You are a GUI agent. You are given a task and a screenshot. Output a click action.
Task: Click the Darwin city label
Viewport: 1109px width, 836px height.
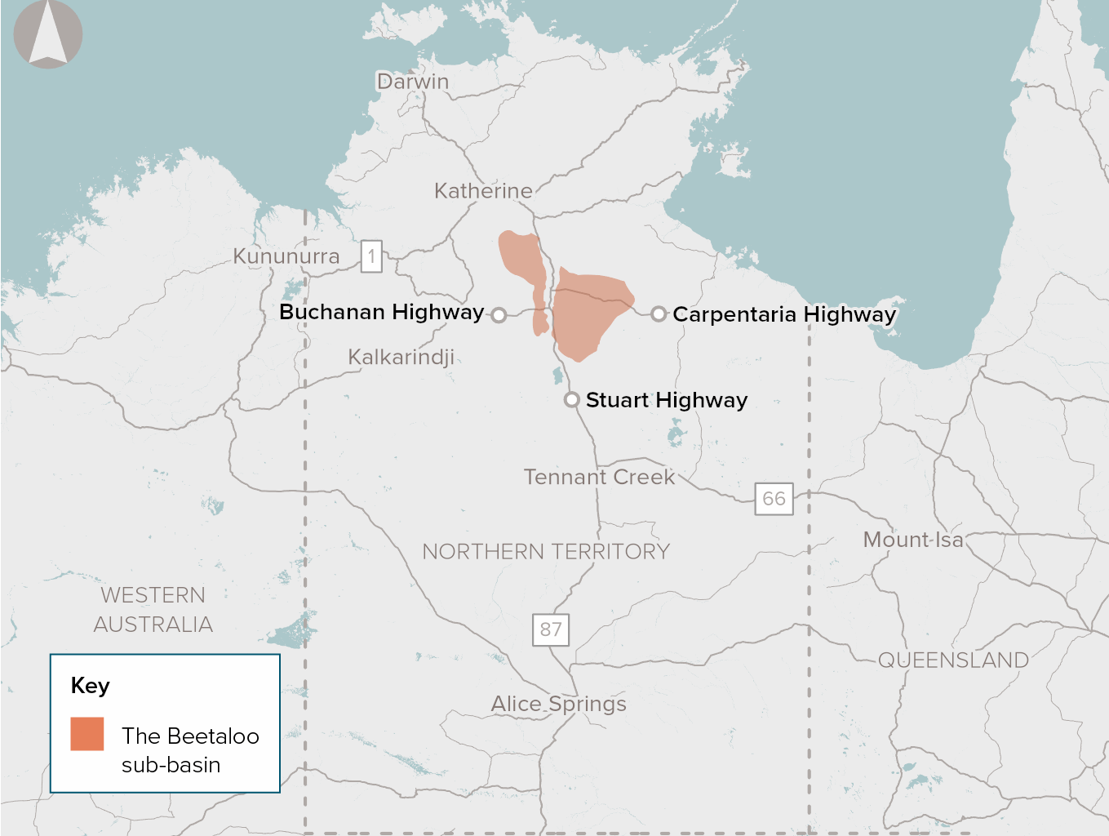412,82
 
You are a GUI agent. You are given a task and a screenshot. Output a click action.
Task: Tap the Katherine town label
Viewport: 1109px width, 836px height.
483,191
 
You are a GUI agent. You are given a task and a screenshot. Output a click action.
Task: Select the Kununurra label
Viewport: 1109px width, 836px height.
286,256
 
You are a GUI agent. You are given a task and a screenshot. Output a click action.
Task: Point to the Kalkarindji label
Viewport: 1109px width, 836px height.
401,357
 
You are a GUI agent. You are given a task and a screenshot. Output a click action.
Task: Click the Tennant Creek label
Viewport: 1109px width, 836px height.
599,477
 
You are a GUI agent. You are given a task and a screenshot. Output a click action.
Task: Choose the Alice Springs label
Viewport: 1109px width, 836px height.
559,704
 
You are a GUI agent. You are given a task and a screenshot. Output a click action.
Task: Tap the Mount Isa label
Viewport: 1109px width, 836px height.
913,540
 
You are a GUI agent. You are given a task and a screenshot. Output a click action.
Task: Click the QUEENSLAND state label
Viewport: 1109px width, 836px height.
953,660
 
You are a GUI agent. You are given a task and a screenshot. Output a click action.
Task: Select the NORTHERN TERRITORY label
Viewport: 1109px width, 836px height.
546,552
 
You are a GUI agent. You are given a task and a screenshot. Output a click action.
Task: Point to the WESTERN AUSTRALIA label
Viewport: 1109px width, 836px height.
153,610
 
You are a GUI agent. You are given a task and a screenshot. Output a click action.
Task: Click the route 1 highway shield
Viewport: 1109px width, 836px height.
371,256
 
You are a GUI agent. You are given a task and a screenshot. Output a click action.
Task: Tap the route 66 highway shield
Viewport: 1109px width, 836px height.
774,498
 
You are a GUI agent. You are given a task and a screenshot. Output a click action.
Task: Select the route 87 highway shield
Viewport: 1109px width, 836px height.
551,629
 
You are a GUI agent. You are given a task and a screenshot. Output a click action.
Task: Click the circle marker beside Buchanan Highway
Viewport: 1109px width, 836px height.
499,314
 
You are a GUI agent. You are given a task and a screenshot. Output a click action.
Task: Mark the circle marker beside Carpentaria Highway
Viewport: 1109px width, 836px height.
659,313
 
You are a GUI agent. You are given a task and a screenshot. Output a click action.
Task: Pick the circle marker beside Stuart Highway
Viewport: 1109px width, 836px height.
572,400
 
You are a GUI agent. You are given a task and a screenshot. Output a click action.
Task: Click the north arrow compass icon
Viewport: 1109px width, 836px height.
48,34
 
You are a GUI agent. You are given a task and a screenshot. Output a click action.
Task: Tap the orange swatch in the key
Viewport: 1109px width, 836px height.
87,733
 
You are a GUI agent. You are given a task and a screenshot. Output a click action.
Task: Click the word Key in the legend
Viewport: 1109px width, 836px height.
90,686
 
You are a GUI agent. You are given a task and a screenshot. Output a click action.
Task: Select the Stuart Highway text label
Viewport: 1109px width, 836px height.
667,400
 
